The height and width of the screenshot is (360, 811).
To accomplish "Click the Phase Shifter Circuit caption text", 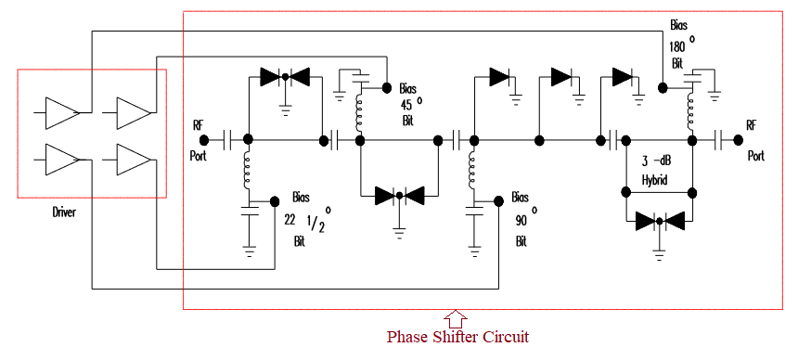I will pos(457,335).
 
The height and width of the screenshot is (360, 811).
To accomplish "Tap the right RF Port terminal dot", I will pos(738,140).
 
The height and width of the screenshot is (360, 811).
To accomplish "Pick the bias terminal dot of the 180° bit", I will pos(663,88).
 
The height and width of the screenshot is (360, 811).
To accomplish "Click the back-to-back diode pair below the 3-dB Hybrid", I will pos(659,221).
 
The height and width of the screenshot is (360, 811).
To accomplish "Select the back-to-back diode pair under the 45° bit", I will pos(399,196).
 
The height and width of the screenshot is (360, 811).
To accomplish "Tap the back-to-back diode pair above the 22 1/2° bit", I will pos(285,77).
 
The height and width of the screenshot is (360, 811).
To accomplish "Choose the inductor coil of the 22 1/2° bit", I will pos(249,170).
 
